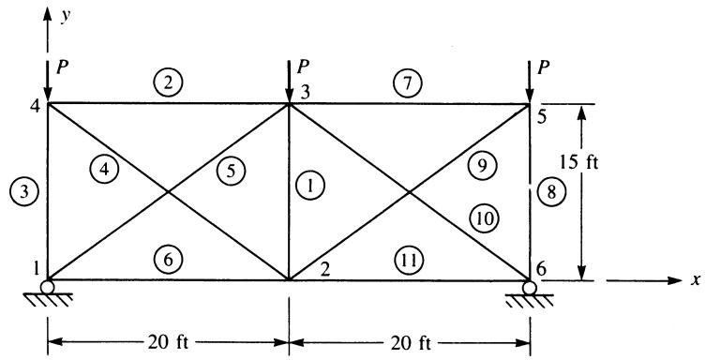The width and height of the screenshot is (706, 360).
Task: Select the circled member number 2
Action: click(168, 83)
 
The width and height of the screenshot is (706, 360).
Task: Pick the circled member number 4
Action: click(104, 170)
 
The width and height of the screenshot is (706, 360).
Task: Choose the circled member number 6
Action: click(168, 260)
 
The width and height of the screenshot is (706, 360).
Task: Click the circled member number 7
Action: click(408, 84)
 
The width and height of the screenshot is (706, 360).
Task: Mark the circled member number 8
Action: click(550, 192)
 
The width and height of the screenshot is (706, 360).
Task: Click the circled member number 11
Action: click(410, 260)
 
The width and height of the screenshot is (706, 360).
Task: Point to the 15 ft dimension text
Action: click(579, 162)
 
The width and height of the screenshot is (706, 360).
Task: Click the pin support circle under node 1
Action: click(47, 287)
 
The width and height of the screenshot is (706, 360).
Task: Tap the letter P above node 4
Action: click(61, 67)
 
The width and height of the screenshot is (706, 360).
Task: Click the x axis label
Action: click(696, 280)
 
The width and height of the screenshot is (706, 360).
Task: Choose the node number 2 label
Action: click(325, 269)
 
